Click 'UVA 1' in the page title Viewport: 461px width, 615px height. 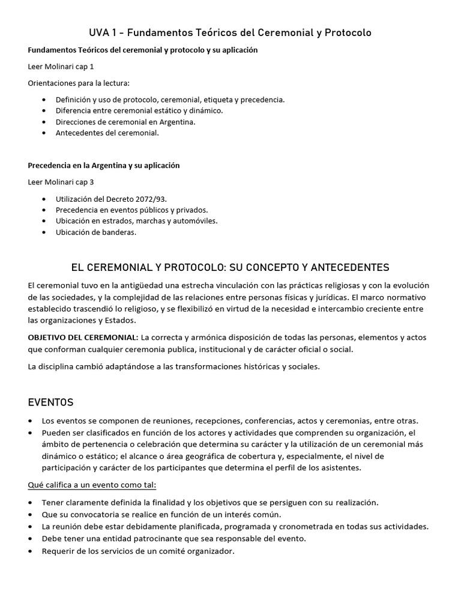point(103,32)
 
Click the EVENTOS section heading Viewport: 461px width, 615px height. point(51,402)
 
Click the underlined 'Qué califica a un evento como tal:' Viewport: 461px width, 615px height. point(92,485)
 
